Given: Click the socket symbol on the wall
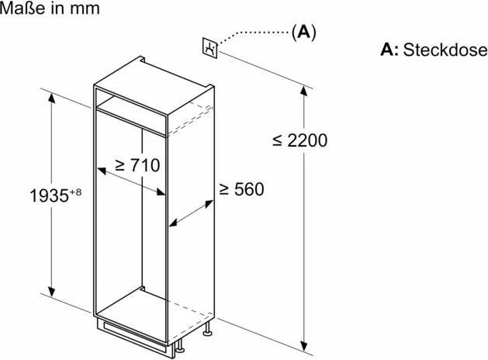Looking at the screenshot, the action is [x=210, y=47].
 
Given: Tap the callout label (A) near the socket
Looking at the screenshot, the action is [x=304, y=32].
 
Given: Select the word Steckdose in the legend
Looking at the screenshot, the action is [x=445, y=50].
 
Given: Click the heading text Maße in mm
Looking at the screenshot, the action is [x=50, y=8].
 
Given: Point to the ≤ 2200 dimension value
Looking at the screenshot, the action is [x=300, y=140].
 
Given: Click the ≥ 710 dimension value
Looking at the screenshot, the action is [x=137, y=165].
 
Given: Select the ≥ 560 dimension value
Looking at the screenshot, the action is [x=241, y=189].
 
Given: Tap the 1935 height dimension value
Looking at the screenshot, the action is [x=49, y=196].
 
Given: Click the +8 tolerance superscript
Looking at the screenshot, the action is [x=75, y=192].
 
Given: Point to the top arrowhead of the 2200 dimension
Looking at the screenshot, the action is [x=304, y=92].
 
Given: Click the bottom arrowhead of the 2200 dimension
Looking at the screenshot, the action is [x=304, y=346].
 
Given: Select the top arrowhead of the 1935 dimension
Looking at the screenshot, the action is [x=52, y=98].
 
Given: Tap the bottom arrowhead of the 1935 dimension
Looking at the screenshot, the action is [x=52, y=292].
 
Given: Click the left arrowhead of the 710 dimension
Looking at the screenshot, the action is [x=102, y=171].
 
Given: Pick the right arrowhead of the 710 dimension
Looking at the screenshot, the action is [x=161, y=192].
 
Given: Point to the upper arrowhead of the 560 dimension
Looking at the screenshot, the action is [x=209, y=204].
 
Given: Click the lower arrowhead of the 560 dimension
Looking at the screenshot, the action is [x=173, y=223].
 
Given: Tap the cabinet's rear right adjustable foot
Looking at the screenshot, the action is [x=207, y=330].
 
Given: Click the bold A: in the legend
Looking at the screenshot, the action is [x=389, y=50].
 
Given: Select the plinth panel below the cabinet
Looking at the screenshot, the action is [x=135, y=336].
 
